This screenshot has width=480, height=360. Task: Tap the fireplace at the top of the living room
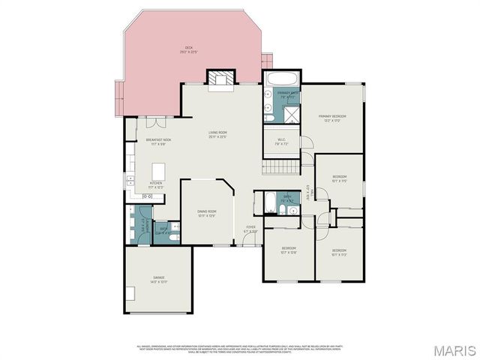(x=221, y=78)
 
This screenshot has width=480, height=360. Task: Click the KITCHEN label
(x=156, y=184)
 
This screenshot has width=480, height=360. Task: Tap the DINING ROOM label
(x=206, y=213)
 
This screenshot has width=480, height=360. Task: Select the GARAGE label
(x=158, y=280)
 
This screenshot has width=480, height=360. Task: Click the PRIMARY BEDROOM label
(x=331, y=118)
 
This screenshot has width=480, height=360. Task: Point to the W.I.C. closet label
(x=280, y=141)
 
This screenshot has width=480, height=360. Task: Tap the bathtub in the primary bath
(x=282, y=79)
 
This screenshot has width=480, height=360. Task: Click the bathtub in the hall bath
(x=269, y=203)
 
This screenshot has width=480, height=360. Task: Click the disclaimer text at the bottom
(x=240, y=348)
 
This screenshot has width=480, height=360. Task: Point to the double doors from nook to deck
(x=153, y=122)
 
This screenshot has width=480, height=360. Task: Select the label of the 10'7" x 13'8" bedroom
(x=289, y=250)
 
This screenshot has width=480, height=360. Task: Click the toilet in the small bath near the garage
(x=174, y=237)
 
